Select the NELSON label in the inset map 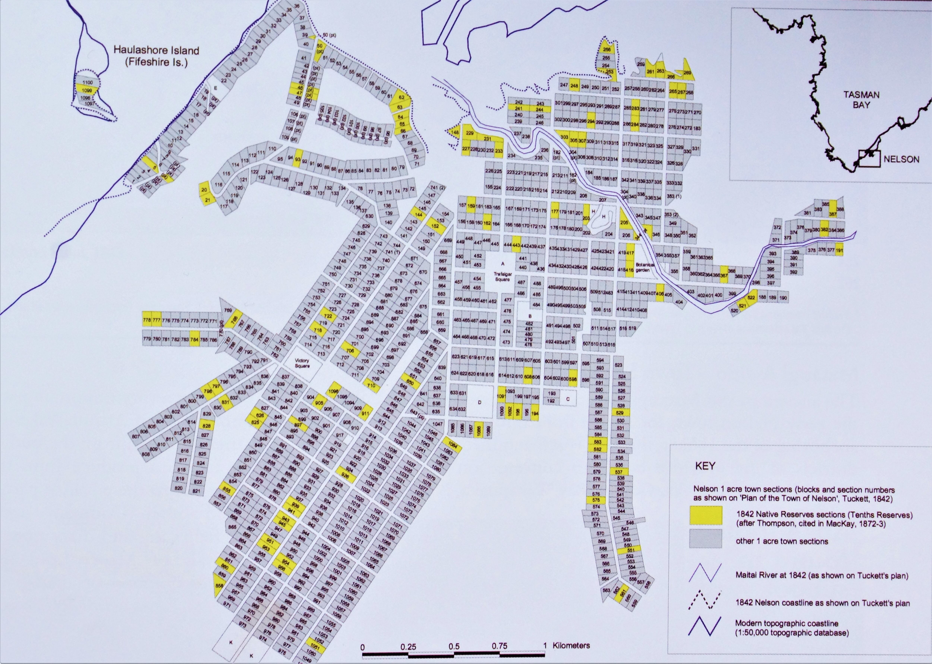pos(901,159)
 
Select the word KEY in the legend pos(705,466)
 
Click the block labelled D pos(480,402)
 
